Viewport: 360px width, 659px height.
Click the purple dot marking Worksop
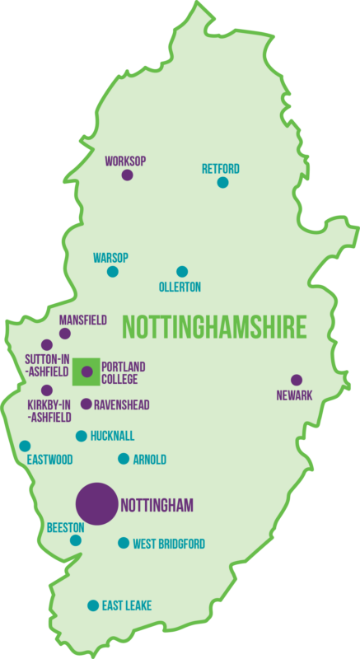point(127,175)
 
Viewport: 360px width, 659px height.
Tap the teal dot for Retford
point(222,182)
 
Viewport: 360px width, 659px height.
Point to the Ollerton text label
point(180,287)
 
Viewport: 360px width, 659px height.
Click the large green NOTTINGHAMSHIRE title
point(213,326)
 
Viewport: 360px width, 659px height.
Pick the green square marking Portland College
point(86,372)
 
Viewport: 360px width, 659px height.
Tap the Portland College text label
point(119,373)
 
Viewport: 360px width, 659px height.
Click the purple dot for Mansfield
point(65,334)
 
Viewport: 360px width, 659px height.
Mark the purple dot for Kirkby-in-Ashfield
point(47,390)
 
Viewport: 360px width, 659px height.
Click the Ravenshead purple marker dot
point(86,404)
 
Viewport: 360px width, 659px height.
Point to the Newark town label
point(294,395)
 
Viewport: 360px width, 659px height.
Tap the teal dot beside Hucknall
point(81,436)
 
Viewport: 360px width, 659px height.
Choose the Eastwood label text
point(49,460)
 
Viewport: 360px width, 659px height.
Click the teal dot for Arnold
point(124,459)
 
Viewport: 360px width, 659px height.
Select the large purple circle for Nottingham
point(96,504)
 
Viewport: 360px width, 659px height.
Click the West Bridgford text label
point(169,544)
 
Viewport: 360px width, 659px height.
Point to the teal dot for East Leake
point(93,605)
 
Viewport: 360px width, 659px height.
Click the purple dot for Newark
point(297,380)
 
